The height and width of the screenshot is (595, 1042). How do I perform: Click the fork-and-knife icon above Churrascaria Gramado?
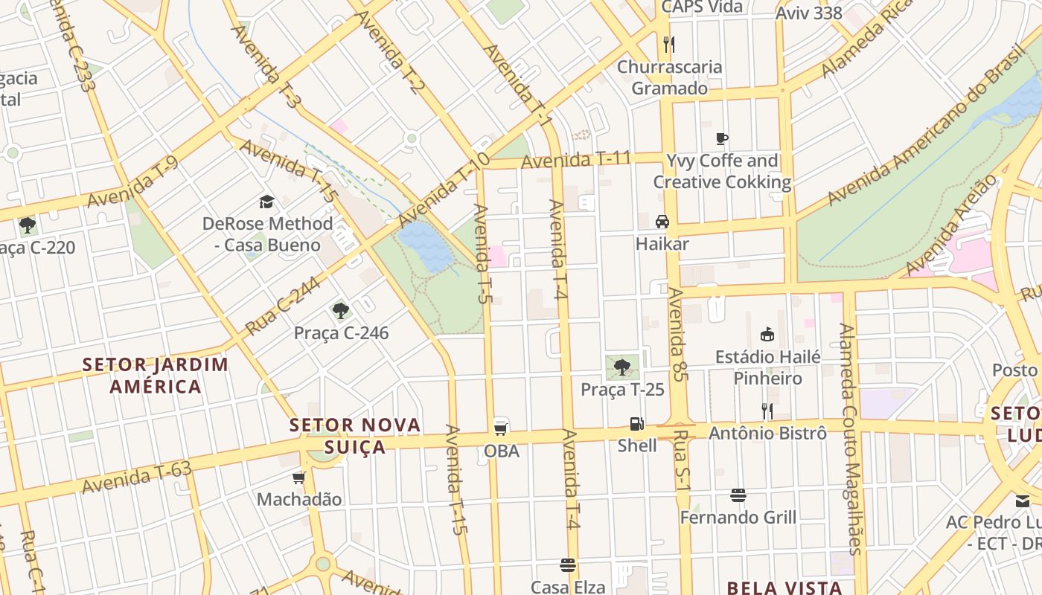click(668, 45)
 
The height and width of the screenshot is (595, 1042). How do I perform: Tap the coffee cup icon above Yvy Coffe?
click(721, 138)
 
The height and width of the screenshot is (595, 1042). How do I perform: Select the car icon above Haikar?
click(662, 222)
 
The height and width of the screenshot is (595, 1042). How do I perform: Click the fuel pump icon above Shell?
click(636, 424)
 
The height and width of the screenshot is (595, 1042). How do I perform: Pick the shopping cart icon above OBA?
click(501, 428)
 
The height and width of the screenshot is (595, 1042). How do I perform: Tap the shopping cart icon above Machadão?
click(299, 477)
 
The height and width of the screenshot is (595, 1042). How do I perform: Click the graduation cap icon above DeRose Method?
click(266, 202)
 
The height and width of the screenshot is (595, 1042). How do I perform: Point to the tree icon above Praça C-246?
click(341, 310)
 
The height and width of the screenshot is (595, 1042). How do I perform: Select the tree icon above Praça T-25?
click(622, 367)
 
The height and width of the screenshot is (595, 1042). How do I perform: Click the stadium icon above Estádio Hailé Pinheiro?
click(767, 335)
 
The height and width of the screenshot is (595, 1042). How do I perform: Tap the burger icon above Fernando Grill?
click(738, 495)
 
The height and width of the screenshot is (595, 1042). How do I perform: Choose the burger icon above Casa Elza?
click(568, 565)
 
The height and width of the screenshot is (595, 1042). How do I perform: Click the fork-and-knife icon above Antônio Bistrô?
click(767, 411)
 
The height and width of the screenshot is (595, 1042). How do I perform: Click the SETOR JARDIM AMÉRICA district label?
click(156, 375)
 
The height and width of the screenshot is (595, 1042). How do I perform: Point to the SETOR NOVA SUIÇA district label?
click(355, 436)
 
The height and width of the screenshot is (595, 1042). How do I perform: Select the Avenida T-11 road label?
click(576, 159)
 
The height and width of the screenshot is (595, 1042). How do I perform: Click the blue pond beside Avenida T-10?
click(425, 246)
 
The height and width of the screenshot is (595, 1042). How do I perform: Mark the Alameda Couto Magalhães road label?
click(849, 439)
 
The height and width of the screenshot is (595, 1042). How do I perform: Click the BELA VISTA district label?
click(784, 588)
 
